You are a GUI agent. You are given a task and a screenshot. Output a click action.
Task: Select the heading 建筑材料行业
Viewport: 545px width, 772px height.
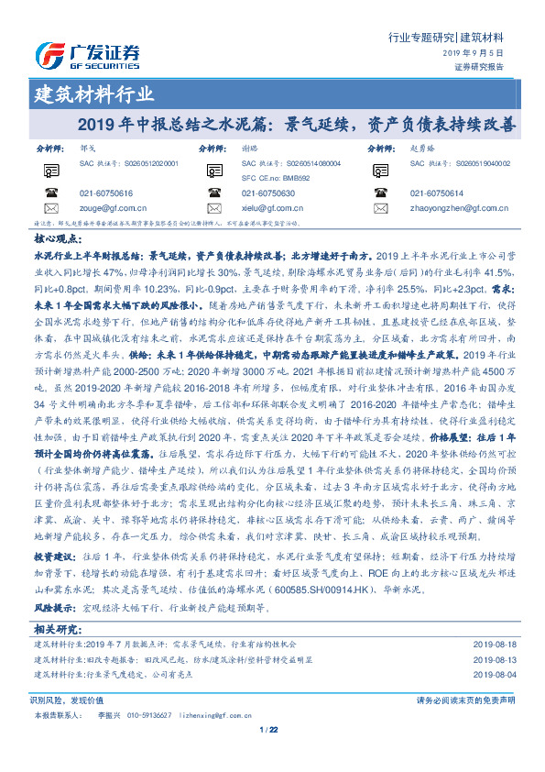point(94,94)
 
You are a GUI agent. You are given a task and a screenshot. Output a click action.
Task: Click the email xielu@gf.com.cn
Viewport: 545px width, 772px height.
point(267,209)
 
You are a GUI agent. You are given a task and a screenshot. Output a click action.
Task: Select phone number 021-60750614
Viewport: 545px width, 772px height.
point(437,193)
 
